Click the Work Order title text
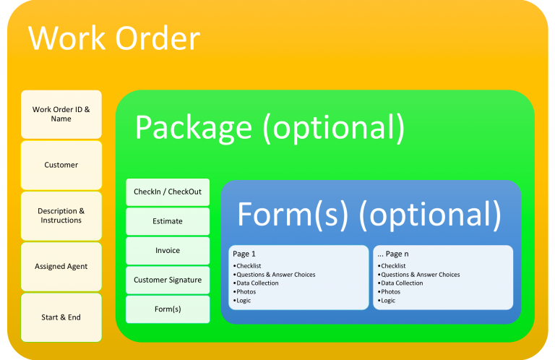tap(113, 38)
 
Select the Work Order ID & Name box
tap(61, 114)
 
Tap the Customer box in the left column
tap(61, 165)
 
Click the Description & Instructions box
tap(61, 215)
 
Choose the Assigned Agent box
tap(61, 266)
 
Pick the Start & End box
tap(61, 317)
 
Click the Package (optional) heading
tap(269, 127)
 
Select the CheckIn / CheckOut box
tap(168, 192)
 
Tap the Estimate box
tap(168, 221)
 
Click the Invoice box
tap(168, 251)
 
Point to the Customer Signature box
tap(168, 280)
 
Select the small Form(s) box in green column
tap(168, 309)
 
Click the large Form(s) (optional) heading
tap(369, 214)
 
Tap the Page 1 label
tap(244, 254)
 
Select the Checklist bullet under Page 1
tap(250, 266)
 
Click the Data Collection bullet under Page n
tap(401, 283)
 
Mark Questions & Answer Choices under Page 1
tap(275, 275)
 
